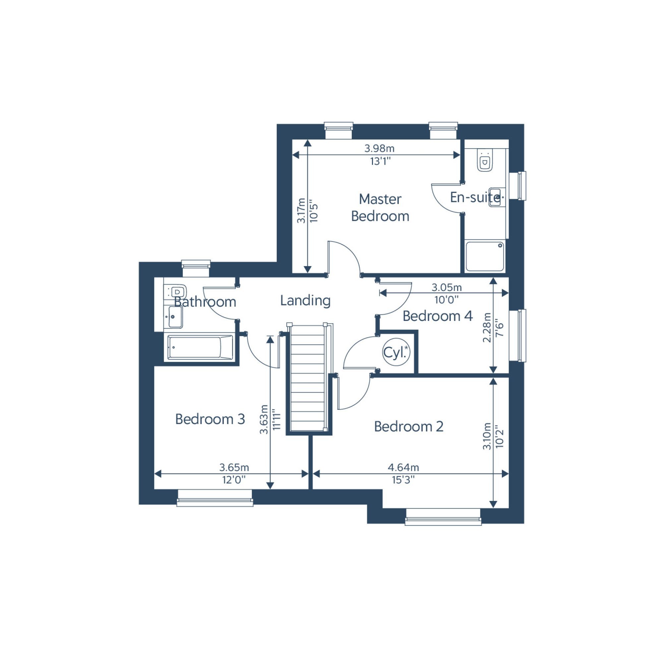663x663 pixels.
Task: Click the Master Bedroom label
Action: (x=380, y=208)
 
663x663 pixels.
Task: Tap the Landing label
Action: (x=305, y=300)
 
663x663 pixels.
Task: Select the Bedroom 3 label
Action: (x=210, y=419)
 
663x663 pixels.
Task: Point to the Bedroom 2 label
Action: (x=409, y=427)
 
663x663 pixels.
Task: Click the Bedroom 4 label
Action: (x=438, y=316)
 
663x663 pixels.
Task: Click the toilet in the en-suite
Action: (x=485, y=160)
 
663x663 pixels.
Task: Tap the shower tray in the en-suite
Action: (x=485, y=256)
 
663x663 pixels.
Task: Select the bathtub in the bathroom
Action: (x=200, y=348)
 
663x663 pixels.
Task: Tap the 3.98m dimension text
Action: (x=379, y=148)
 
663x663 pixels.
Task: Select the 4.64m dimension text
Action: (x=403, y=467)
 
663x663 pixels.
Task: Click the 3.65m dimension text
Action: (x=234, y=467)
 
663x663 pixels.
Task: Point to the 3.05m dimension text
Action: (x=447, y=287)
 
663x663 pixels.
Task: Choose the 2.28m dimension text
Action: (x=487, y=328)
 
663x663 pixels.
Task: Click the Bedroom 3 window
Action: (x=215, y=498)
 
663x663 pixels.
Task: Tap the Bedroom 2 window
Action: (x=443, y=517)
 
